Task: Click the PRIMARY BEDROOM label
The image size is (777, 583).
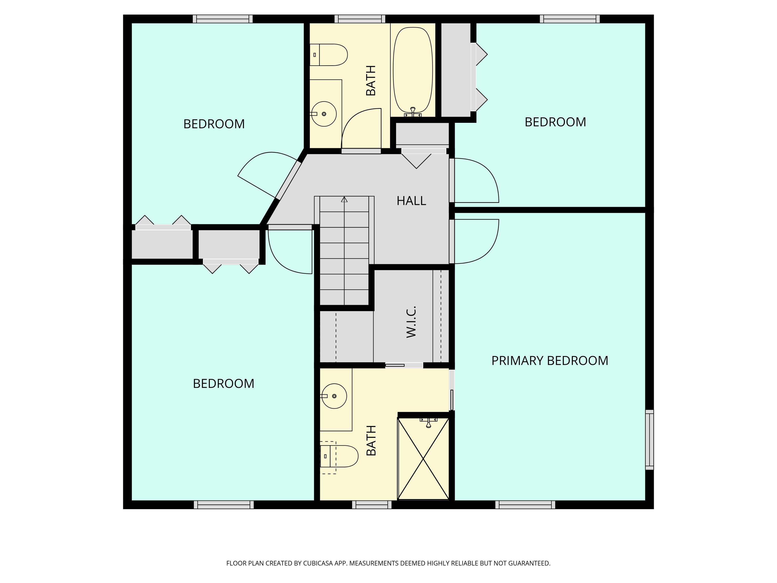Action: (549, 361)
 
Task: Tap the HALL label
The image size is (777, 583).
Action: (411, 201)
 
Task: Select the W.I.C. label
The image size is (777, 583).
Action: (411, 322)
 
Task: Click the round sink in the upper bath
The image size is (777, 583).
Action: (324, 114)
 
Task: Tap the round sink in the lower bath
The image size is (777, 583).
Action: (334, 396)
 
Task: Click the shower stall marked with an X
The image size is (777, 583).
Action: (423, 459)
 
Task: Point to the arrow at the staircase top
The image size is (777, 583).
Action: (344, 199)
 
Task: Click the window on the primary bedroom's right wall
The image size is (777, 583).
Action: (650, 439)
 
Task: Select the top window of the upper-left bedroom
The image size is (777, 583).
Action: (223, 19)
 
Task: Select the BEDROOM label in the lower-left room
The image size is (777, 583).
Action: (224, 383)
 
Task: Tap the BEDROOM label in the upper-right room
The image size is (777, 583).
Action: (555, 122)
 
